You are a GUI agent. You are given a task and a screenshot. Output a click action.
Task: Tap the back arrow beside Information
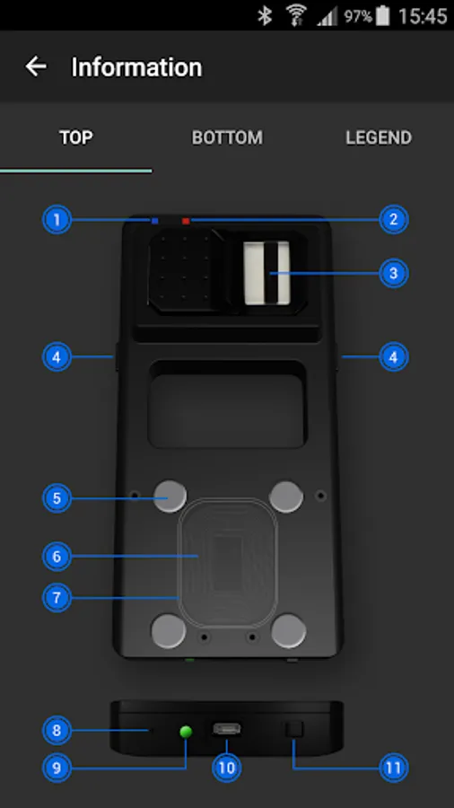(36, 66)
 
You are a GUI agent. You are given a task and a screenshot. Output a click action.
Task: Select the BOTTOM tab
(227, 137)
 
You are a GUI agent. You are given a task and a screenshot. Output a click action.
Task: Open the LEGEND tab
(379, 137)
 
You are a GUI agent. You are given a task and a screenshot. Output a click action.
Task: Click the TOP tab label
(75, 137)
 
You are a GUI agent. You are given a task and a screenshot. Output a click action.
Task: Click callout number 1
(57, 220)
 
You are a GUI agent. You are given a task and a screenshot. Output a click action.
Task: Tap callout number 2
(394, 220)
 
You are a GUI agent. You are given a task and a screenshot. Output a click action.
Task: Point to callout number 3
(394, 273)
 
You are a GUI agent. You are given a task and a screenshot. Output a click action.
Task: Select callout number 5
(57, 498)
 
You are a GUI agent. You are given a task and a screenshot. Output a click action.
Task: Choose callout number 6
(57, 557)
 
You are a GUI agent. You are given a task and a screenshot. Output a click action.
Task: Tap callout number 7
(57, 598)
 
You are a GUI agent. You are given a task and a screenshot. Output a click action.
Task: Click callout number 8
(57, 730)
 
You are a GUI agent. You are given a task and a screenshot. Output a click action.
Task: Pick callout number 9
(57, 768)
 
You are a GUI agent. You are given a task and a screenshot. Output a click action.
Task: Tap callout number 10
(226, 768)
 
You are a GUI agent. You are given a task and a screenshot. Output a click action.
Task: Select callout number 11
(394, 768)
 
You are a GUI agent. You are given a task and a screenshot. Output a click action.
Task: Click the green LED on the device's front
(187, 731)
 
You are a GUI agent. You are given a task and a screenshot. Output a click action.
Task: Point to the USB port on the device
(226, 730)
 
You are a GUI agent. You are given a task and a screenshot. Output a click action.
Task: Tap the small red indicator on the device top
(186, 221)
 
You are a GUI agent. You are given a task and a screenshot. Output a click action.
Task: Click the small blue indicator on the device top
(155, 221)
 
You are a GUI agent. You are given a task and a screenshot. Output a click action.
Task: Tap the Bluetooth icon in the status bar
(265, 16)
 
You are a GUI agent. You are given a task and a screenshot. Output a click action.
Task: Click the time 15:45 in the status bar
(423, 16)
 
